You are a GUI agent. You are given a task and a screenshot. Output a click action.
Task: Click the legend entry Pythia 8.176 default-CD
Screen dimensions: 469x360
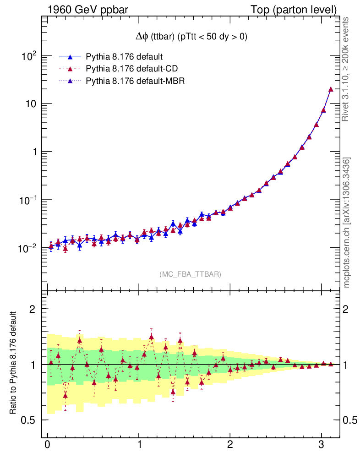coord(131,69)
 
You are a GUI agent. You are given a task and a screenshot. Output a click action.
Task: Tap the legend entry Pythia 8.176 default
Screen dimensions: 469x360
coord(125,57)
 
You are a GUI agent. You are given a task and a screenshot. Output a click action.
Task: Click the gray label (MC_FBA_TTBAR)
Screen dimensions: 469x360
coord(191,274)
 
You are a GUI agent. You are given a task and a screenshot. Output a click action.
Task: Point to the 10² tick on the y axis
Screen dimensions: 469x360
coord(29,56)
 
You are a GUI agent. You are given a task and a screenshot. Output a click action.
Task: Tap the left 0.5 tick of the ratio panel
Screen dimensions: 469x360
coord(31,420)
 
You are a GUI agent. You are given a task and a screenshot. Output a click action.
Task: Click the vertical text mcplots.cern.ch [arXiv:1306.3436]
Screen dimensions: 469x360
coord(347,223)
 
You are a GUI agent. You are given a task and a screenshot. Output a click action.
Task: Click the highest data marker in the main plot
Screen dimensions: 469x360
coord(331,89)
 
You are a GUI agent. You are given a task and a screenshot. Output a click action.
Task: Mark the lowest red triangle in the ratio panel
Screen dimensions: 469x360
coord(65,395)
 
